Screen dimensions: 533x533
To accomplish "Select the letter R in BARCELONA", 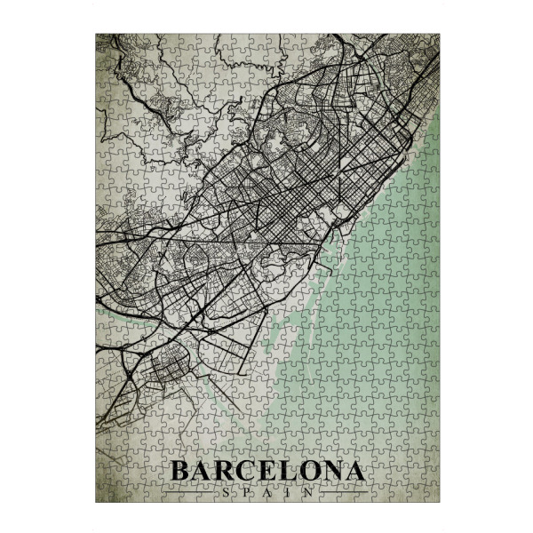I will click(x=225, y=471).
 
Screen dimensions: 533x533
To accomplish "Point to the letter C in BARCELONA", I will click(x=247, y=471).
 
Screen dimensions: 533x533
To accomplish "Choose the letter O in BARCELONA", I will click(x=308, y=471).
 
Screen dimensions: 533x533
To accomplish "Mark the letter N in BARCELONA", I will click(x=331, y=471).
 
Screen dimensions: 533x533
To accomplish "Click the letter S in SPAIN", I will click(x=226, y=491).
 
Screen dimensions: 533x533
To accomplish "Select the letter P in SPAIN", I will click(x=246, y=491).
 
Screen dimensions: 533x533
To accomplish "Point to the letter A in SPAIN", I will click(x=266, y=491).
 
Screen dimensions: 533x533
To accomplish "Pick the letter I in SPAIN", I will click(x=286, y=491).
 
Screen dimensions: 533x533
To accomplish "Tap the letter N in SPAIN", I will click(x=306, y=491).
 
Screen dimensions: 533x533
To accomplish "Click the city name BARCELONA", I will click(x=266, y=471).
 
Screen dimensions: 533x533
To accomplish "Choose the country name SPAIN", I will click(x=266, y=491).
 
